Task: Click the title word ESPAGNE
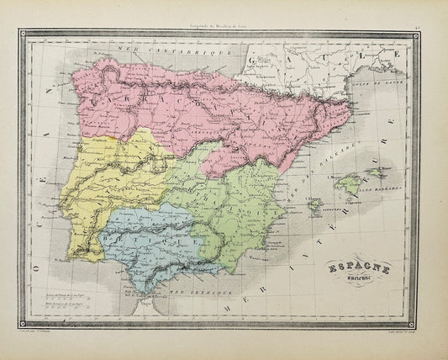[352, 262]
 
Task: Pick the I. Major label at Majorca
[336, 176]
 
